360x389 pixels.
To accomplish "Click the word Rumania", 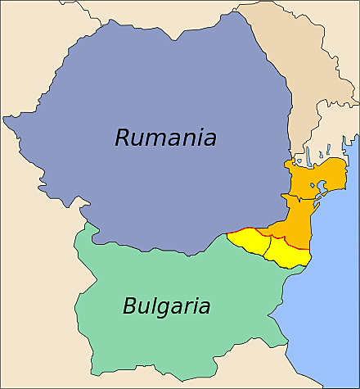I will [165, 138].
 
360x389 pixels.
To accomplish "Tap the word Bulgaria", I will [166, 307].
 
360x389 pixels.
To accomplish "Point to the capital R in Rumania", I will [123, 138].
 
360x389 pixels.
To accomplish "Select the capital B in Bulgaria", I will [131, 307].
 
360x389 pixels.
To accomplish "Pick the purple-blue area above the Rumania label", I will [164, 74].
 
